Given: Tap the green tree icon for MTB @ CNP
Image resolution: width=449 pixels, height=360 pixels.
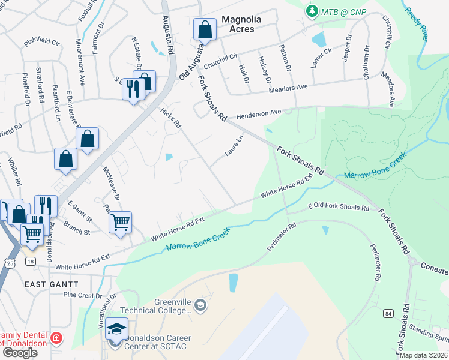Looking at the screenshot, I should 312,11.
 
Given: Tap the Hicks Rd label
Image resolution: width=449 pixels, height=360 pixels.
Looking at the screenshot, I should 170,118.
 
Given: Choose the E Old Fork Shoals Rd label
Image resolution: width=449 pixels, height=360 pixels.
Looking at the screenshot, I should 338,208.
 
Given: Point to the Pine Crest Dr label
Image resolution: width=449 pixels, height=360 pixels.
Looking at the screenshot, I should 83,295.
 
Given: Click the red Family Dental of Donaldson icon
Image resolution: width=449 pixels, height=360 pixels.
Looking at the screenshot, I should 56,338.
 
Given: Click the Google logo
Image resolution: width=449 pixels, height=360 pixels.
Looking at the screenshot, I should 20,352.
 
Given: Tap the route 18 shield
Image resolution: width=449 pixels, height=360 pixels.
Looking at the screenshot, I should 30,261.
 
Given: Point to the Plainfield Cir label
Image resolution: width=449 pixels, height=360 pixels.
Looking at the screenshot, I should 42,43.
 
